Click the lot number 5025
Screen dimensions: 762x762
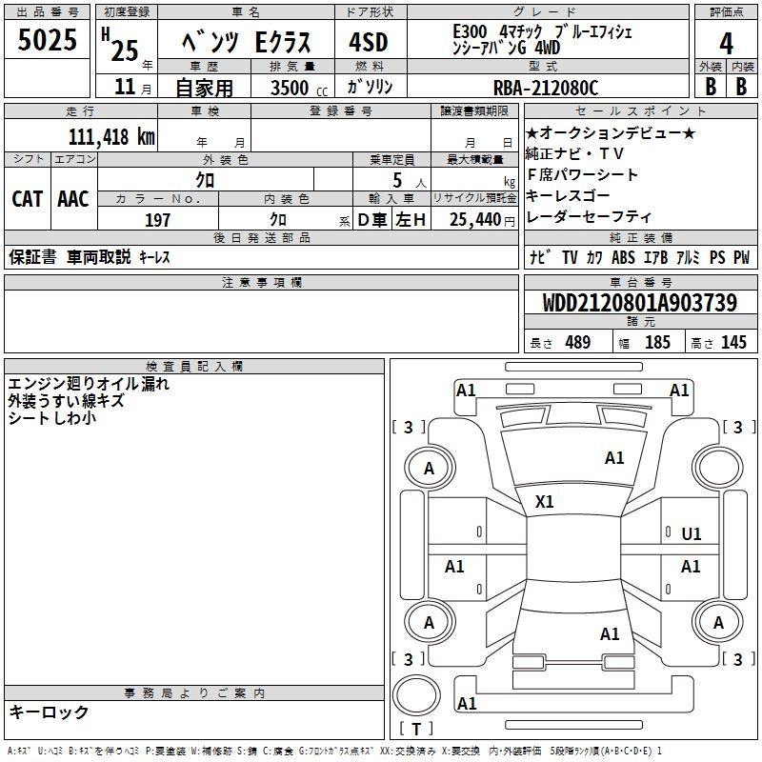(x=47, y=39)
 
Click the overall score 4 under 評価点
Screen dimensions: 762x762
(x=726, y=43)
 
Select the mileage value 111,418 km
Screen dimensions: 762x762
(x=111, y=137)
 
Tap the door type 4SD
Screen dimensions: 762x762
(x=369, y=42)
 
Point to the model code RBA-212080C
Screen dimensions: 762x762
(x=546, y=88)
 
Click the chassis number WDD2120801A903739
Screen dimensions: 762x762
(x=639, y=303)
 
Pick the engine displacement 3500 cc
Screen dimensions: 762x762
(x=299, y=88)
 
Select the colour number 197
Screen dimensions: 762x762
(x=157, y=220)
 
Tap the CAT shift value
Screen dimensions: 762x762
(x=28, y=199)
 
